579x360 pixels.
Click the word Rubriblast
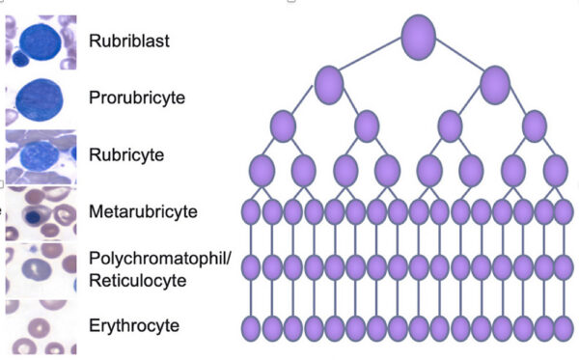click(x=129, y=41)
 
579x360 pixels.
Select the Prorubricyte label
click(x=137, y=97)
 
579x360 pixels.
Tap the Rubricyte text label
click(x=126, y=154)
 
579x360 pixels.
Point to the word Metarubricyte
click(x=143, y=211)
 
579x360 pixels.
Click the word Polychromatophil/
click(x=160, y=260)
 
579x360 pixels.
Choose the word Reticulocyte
click(x=138, y=281)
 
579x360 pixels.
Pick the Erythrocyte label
click(x=134, y=325)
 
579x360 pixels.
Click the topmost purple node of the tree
click(x=419, y=37)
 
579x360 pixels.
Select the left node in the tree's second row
click(x=329, y=85)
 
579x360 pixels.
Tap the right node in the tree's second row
click(x=495, y=85)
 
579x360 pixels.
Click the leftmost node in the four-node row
click(x=283, y=125)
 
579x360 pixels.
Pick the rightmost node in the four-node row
click(x=535, y=125)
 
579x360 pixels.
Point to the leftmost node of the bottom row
click(x=251, y=328)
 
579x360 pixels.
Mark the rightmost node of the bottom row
click(x=564, y=328)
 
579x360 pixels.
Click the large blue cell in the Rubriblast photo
click(x=41, y=42)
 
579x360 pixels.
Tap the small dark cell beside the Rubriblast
click(x=20, y=59)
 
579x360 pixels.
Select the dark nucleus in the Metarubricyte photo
click(x=34, y=216)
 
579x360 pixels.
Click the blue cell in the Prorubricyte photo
click(x=39, y=100)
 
